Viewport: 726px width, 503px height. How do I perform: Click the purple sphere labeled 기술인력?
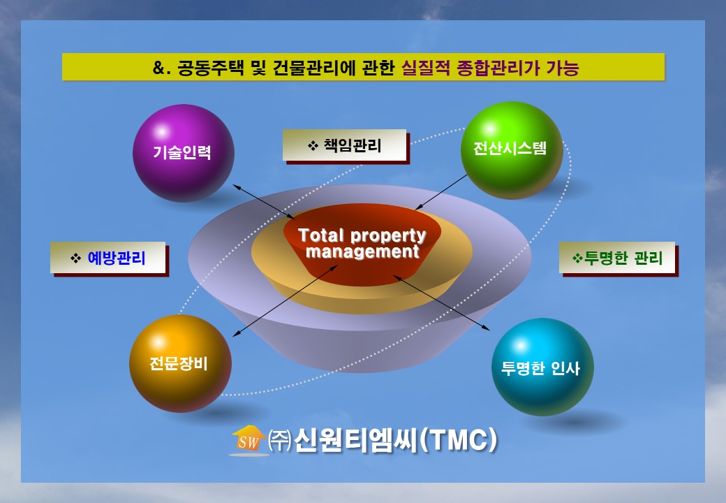184,153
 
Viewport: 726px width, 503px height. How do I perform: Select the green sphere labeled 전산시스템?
512,150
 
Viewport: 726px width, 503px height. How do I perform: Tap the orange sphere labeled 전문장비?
180,363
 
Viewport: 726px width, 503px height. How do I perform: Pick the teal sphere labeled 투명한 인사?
542,366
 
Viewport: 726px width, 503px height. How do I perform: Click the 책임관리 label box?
344,145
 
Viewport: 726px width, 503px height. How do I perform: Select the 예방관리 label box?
108,258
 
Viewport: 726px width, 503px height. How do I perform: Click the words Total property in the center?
362,235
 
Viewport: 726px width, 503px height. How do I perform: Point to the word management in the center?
362,251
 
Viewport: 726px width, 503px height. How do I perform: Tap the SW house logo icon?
249,440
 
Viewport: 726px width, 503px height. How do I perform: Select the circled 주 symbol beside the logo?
280,440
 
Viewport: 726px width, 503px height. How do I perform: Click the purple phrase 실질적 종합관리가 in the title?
471,68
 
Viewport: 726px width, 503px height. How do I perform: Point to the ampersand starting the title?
159,68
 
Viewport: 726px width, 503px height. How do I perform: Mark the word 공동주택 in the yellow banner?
211,68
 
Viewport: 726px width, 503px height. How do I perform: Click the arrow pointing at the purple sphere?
263,202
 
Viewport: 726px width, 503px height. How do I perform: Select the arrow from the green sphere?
441,192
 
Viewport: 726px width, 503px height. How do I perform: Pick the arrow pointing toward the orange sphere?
286,300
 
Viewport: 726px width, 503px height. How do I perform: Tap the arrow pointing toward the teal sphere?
441,303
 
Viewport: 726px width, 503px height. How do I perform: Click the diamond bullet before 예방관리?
75,258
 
